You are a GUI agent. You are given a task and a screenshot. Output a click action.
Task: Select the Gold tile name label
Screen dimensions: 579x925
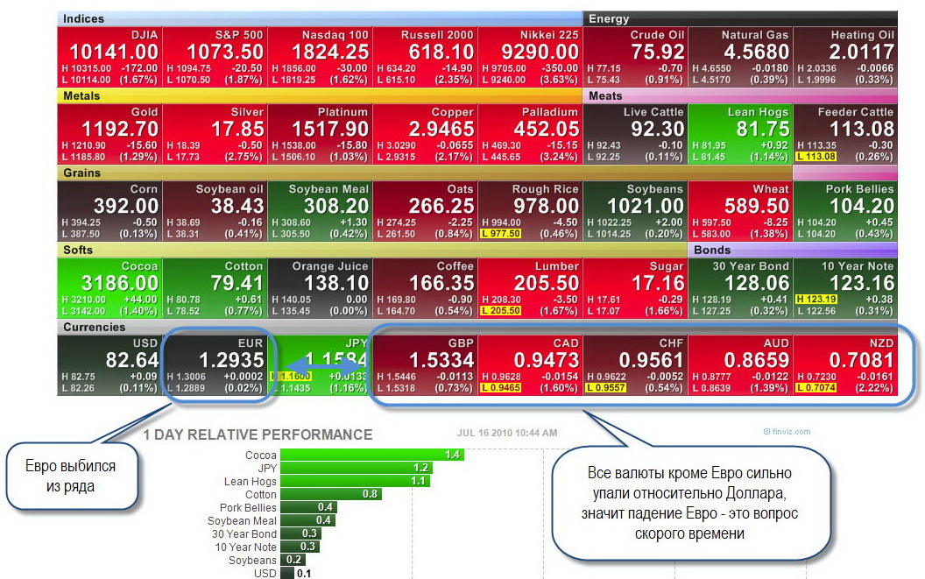tap(145, 112)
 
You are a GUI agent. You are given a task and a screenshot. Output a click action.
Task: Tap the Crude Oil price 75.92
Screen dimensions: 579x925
tap(658, 53)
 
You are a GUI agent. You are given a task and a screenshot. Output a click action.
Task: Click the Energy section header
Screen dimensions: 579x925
tap(609, 18)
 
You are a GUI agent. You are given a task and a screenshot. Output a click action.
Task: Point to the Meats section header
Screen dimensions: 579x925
tap(606, 95)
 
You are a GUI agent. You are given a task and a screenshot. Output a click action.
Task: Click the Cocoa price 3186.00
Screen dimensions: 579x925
tap(109, 284)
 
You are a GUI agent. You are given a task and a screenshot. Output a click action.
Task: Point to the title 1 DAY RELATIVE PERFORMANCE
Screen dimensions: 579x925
tap(258, 434)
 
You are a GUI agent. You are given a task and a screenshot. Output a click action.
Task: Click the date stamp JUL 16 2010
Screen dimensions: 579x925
tap(507, 433)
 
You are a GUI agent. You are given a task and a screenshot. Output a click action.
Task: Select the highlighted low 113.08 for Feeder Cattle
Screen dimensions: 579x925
tap(816, 157)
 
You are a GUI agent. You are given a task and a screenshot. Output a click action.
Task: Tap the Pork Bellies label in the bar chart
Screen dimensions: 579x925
tap(248, 507)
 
